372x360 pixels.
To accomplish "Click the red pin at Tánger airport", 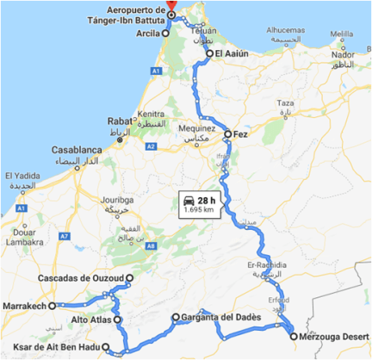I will pyautogui.click(x=172, y=4).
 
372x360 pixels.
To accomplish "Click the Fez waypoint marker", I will pyautogui.click(x=227, y=134).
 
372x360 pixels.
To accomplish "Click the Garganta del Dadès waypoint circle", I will pyautogui.click(x=175, y=317).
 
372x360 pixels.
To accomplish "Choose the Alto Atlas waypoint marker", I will pyautogui.click(x=118, y=320).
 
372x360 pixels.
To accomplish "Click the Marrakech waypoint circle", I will pyautogui.click(x=53, y=305).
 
